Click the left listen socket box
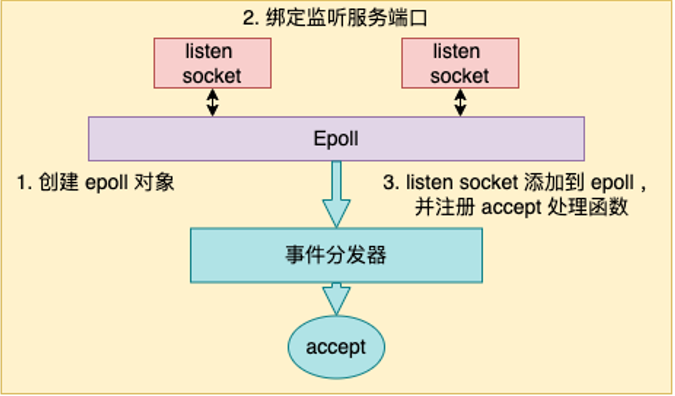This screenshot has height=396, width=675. (212, 63)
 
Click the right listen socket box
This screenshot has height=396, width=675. (460, 63)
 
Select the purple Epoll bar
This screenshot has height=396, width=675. (336, 139)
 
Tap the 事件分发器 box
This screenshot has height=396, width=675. (336, 255)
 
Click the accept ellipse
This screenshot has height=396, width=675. (336, 347)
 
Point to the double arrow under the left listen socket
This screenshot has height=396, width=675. (212, 102)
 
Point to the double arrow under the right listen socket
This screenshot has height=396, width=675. (461, 102)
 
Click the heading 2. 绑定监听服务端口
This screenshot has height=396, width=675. (335, 19)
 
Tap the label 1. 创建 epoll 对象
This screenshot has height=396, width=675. (96, 183)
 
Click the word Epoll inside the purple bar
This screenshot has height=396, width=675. (336, 139)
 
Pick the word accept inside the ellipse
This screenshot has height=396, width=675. (336, 347)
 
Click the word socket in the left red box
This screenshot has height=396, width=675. (212, 76)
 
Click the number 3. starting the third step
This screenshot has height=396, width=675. (391, 183)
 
